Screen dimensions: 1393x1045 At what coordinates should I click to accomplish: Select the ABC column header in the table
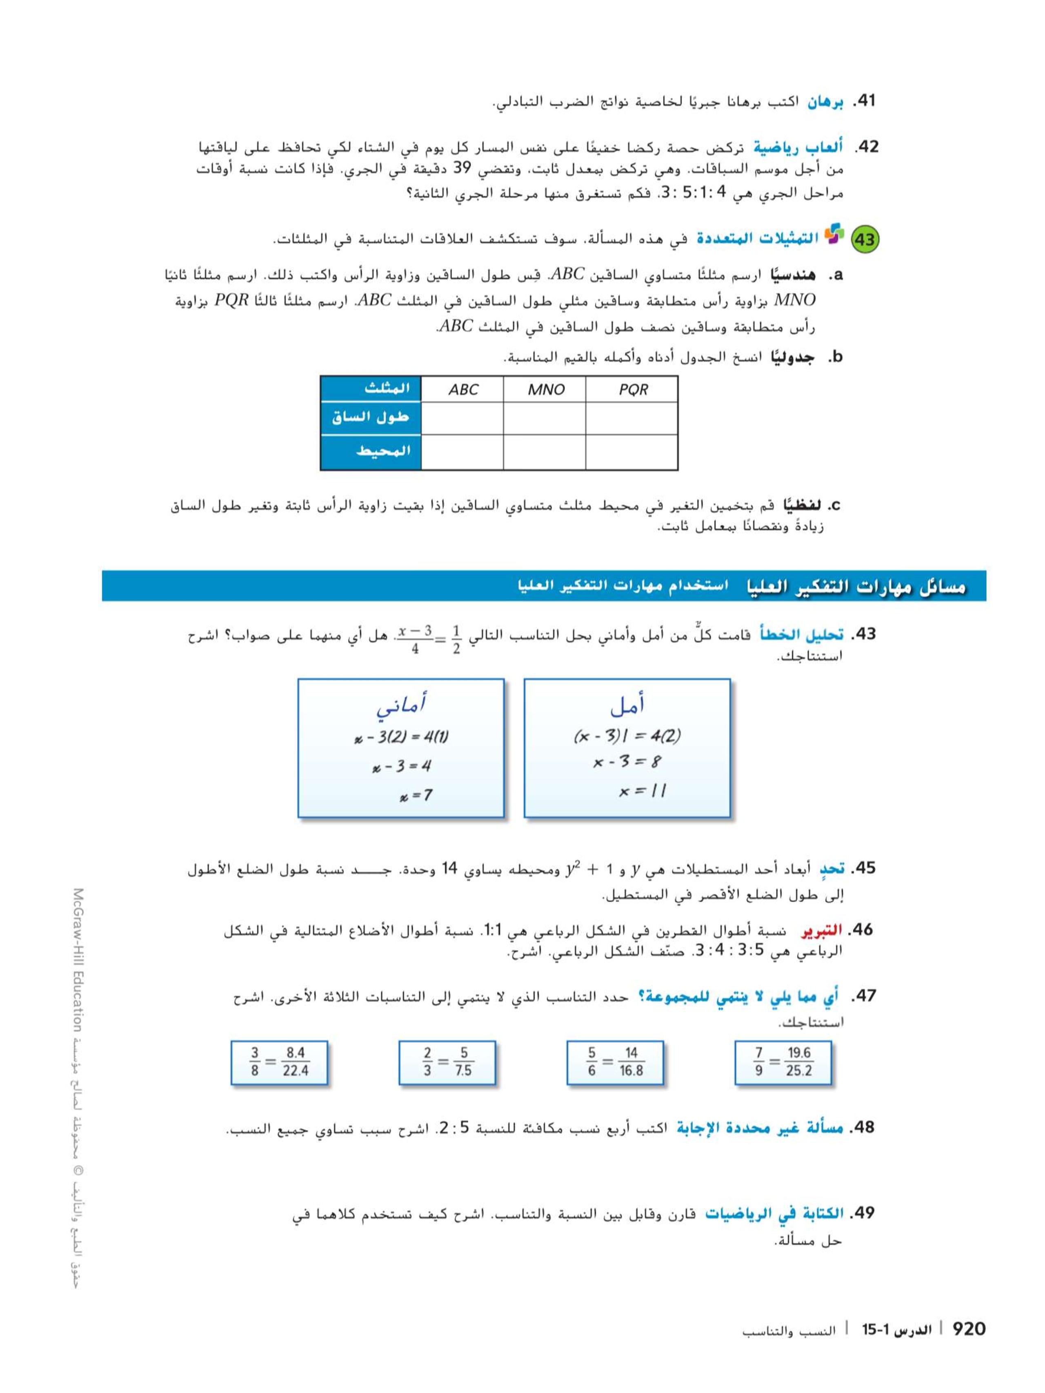[462, 389]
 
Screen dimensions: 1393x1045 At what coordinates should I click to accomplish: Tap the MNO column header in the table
[545, 389]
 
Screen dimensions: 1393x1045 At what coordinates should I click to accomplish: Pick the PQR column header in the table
[632, 389]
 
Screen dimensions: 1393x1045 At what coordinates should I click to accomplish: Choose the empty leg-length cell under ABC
[462, 418]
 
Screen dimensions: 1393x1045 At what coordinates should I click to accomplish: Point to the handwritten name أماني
[400, 705]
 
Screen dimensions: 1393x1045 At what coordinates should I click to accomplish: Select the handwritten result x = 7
[416, 795]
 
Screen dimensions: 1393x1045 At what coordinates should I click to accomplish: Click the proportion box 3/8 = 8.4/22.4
[279, 1062]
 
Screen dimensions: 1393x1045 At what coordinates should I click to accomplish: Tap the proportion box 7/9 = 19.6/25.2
[783, 1062]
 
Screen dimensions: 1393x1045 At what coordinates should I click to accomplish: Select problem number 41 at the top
[864, 101]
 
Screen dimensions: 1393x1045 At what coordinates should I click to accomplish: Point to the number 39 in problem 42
[462, 169]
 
